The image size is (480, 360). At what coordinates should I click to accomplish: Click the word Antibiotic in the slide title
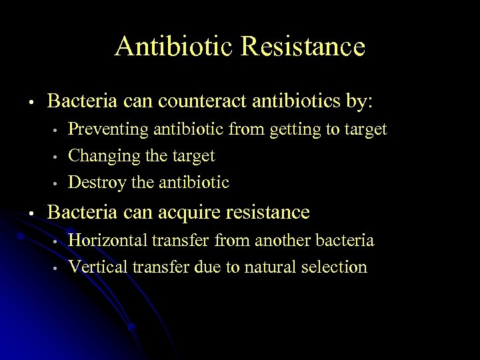tap(174, 47)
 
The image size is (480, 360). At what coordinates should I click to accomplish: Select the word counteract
tap(201, 102)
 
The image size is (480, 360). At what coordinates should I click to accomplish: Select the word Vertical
tap(99, 267)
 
